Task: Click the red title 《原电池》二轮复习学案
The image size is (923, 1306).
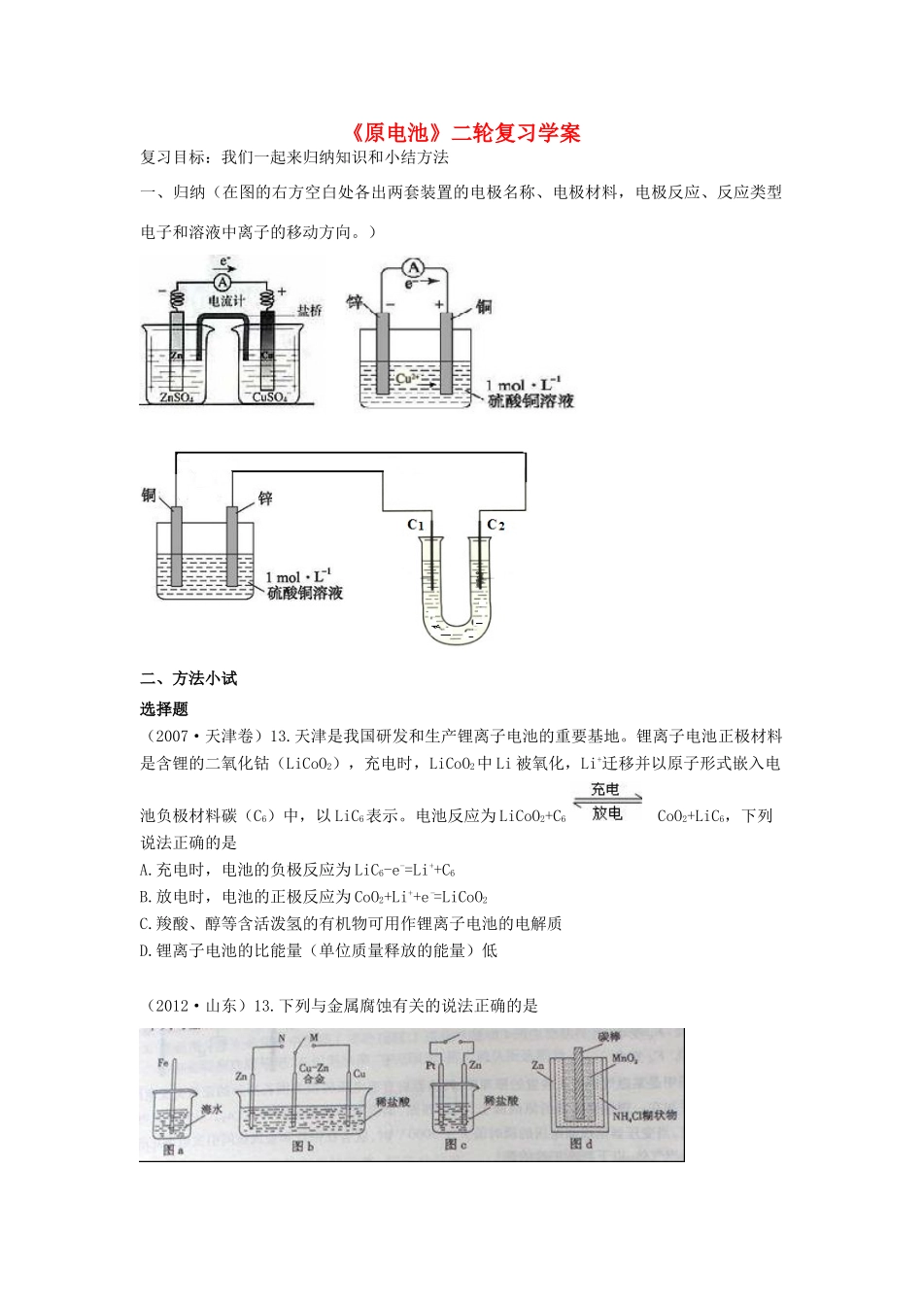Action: coord(461,132)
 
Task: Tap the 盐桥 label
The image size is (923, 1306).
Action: coord(310,311)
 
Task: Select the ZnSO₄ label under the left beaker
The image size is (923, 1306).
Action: coord(176,397)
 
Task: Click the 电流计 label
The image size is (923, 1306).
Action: coord(227,301)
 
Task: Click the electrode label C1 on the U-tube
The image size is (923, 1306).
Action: coord(416,525)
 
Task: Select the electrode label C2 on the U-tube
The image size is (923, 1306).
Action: coord(496,525)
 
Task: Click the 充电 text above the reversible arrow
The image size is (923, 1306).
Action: coord(605,789)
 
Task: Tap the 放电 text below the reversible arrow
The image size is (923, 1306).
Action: coord(607,814)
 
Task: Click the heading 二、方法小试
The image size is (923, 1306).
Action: coord(188,678)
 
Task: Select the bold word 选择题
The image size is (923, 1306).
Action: coord(164,708)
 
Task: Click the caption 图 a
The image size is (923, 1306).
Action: coord(174,1150)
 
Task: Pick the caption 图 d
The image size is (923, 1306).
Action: coord(581,1144)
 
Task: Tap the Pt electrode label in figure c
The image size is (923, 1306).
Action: coord(431,1065)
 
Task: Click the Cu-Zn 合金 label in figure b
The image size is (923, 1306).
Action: coord(312,1073)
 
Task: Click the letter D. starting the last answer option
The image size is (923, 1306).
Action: coord(147,950)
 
